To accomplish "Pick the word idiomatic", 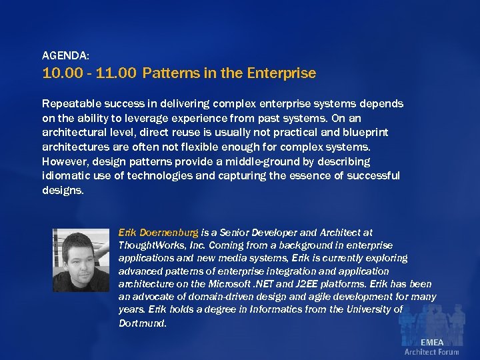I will pos(65,176).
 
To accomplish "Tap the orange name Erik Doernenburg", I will pos(158,233).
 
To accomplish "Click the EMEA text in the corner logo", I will pos(431,342).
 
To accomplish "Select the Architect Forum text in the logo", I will pos(431,352).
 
